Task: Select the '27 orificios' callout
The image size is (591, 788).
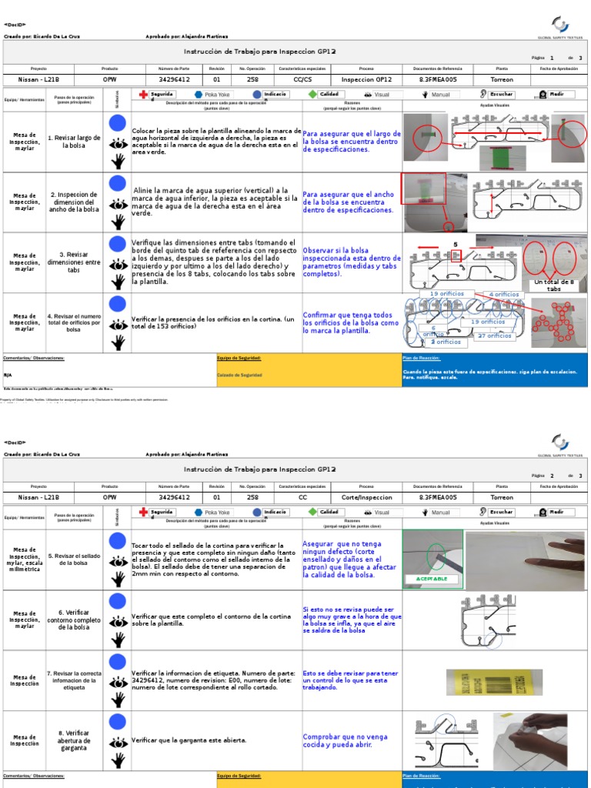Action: pos(494,336)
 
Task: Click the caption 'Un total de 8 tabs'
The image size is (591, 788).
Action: pos(554,285)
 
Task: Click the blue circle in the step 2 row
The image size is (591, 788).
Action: pos(117,183)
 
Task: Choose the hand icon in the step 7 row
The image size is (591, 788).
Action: pos(117,700)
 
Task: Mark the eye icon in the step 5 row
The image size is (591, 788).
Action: pos(117,560)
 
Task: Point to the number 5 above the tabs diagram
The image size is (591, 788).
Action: pos(456,244)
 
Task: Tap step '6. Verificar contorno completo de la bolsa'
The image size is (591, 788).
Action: pos(74,620)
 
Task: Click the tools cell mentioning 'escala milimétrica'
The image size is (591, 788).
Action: pos(24,560)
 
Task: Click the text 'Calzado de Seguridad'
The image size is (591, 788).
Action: pos(240,375)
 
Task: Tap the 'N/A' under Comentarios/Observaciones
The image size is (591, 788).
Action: pos(8,375)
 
